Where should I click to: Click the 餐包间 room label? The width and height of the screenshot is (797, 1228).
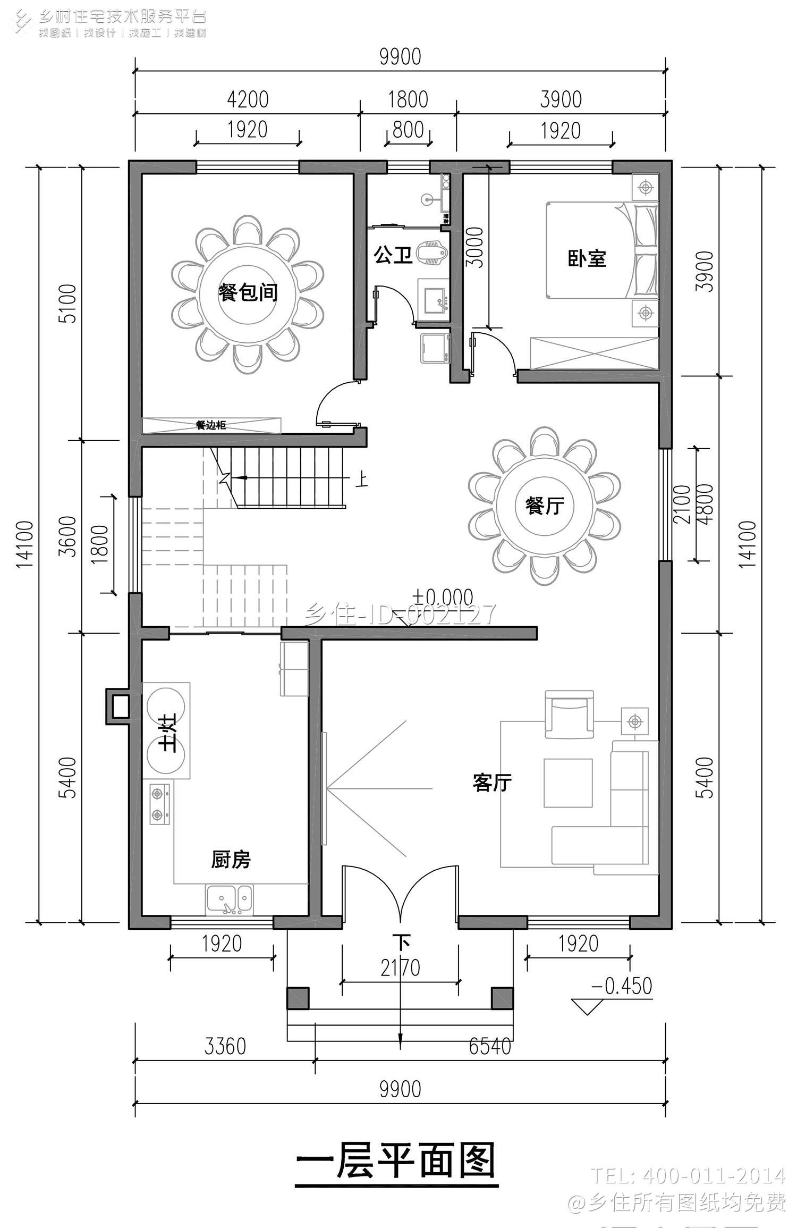tap(248, 292)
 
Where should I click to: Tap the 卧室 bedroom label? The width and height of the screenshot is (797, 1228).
tap(587, 258)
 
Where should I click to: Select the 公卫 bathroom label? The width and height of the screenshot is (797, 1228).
tap(393, 255)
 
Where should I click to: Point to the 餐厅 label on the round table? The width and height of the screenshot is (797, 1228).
tap(544, 505)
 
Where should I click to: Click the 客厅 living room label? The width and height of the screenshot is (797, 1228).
tap(491, 782)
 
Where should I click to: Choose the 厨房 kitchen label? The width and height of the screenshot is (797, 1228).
tap(231, 859)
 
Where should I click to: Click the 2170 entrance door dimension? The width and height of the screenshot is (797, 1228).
tap(400, 968)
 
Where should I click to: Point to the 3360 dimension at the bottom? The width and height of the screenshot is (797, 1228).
tap(225, 1046)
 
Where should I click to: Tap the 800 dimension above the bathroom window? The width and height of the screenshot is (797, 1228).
tap(408, 130)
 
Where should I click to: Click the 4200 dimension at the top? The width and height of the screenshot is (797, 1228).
tap(247, 99)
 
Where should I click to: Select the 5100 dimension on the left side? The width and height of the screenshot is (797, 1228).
tap(68, 304)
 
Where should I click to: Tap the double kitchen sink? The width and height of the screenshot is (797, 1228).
tap(230, 900)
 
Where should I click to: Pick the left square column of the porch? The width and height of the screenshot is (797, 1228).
tap(298, 998)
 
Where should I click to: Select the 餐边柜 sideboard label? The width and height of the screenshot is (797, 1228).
tap(211, 425)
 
